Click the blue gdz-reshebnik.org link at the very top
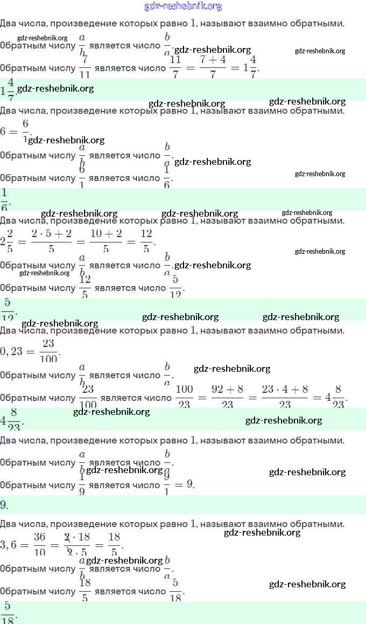(x=183, y=6)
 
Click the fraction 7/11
(x=85, y=68)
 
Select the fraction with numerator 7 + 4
(x=213, y=68)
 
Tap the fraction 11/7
(x=175, y=68)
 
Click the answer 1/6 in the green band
(x=5, y=199)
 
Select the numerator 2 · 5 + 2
(x=51, y=234)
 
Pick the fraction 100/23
(x=184, y=397)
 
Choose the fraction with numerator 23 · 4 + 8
(x=285, y=397)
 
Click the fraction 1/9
(x=82, y=484)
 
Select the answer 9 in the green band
(x=4, y=505)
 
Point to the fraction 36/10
(x=39, y=544)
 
